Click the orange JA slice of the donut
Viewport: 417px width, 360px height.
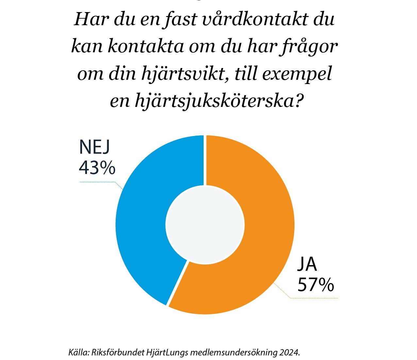coord(261,229)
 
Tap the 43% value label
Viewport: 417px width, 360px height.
coord(97,168)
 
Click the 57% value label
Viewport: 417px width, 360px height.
coord(315,284)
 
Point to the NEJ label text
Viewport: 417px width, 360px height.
coord(94,147)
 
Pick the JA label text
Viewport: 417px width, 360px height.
coord(307,265)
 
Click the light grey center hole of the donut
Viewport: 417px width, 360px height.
coord(205,225)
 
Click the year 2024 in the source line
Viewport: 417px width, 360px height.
coord(290,352)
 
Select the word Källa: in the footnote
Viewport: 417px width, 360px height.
coord(79,352)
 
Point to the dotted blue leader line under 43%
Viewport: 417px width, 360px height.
coord(98,182)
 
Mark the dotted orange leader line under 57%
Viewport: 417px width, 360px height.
coord(314,298)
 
